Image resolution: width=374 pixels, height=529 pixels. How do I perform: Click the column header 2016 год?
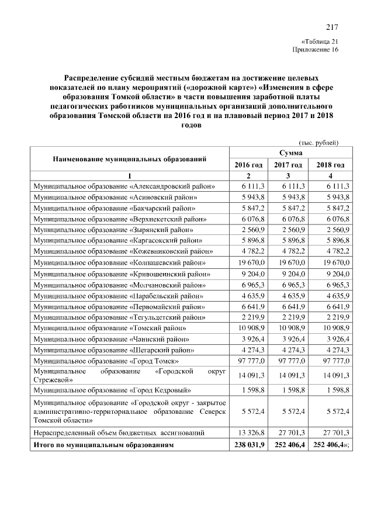pyautogui.click(x=248, y=165)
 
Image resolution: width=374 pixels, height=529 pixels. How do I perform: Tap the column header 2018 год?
pyautogui.click(x=331, y=165)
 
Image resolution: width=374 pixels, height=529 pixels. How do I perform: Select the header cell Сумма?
pyautogui.click(x=290, y=153)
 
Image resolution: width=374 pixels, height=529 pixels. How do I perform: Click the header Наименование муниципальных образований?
pyautogui.click(x=129, y=159)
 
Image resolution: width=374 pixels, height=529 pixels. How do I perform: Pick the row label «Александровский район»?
pyautogui.click(x=124, y=186)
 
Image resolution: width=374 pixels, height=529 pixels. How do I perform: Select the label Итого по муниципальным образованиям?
pyautogui.click(x=103, y=445)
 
